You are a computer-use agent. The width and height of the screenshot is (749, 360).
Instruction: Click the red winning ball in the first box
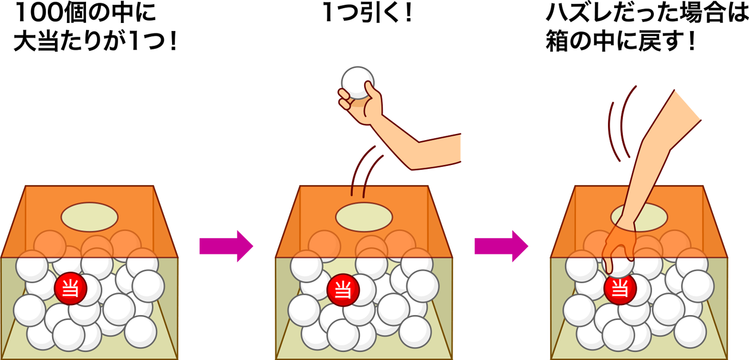(71, 289)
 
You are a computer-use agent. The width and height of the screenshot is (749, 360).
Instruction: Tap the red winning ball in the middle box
(343, 290)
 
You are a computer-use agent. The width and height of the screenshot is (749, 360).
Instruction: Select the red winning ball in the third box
(620, 289)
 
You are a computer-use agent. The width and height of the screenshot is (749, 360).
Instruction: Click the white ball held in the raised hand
(357, 83)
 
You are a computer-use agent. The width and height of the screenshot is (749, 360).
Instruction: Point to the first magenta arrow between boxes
(226, 246)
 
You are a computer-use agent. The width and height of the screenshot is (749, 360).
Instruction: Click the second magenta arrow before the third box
(501, 246)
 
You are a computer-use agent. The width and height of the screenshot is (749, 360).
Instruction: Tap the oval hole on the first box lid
(89, 217)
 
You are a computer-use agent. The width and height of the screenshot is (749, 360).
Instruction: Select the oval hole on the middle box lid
(364, 217)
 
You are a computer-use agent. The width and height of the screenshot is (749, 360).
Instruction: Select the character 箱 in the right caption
(557, 41)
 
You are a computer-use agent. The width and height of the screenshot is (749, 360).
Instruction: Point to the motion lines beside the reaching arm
(621, 124)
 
